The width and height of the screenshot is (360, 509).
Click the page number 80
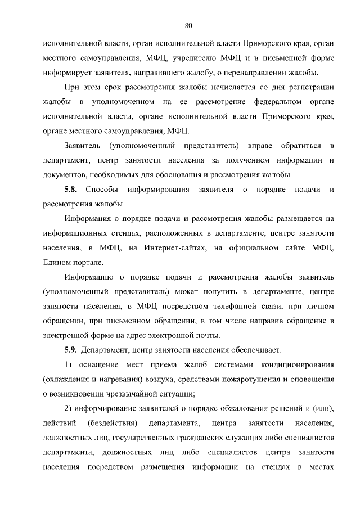coord(188,25)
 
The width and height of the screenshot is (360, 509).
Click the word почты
coord(206,335)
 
